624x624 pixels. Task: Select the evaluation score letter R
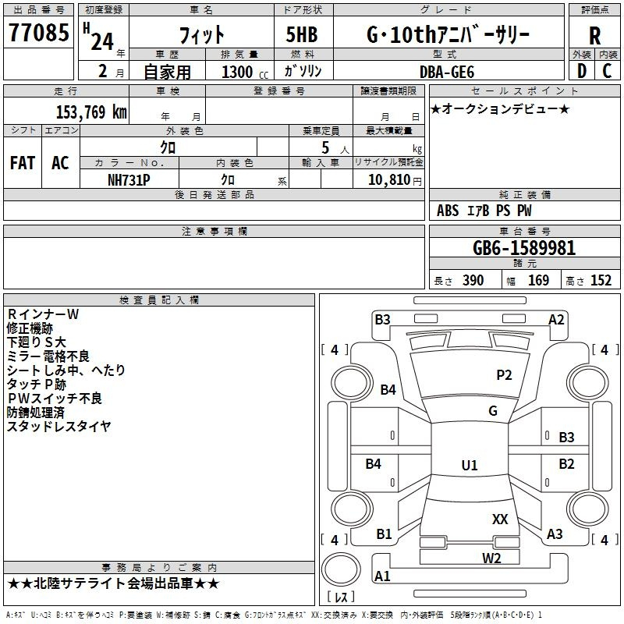(x=594, y=35)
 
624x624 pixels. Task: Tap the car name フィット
(x=201, y=35)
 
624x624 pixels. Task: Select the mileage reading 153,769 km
(x=90, y=112)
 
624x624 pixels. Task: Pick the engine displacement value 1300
(x=237, y=72)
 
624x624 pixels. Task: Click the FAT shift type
(x=23, y=163)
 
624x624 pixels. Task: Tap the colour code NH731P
(x=129, y=179)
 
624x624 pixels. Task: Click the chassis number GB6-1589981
(x=524, y=248)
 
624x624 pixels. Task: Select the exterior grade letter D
(x=581, y=72)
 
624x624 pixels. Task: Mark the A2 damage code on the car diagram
(x=556, y=319)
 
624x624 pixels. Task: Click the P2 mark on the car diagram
(x=504, y=375)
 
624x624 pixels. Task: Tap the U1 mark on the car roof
(x=470, y=466)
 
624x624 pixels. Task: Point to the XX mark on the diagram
(x=500, y=519)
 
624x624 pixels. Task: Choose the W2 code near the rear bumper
(x=491, y=558)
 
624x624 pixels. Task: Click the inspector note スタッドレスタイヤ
(x=59, y=427)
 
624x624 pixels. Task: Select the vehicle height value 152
(x=601, y=281)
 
